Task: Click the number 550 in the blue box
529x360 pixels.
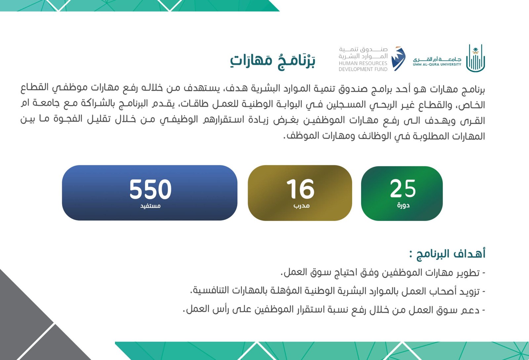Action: coord(150,189)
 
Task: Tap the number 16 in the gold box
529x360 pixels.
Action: coord(300,189)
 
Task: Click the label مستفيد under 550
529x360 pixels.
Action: coord(150,206)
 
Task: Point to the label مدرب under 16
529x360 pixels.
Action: coord(301,206)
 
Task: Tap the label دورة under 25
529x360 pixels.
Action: coord(403,205)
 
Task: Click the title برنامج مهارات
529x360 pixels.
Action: coord(273,61)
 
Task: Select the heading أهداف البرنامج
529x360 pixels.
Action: coord(447,254)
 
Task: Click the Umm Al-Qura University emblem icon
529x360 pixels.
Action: coord(475,58)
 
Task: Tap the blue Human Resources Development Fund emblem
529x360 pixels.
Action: coord(398,59)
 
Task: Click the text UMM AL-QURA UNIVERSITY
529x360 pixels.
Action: coord(437,65)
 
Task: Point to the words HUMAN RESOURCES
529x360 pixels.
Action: coord(363,63)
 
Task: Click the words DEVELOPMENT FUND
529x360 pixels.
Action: coord(363,69)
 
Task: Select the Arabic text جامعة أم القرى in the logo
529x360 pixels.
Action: coord(437,59)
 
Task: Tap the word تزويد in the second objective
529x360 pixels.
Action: coord(469,292)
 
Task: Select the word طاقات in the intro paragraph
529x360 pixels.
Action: coord(193,104)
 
